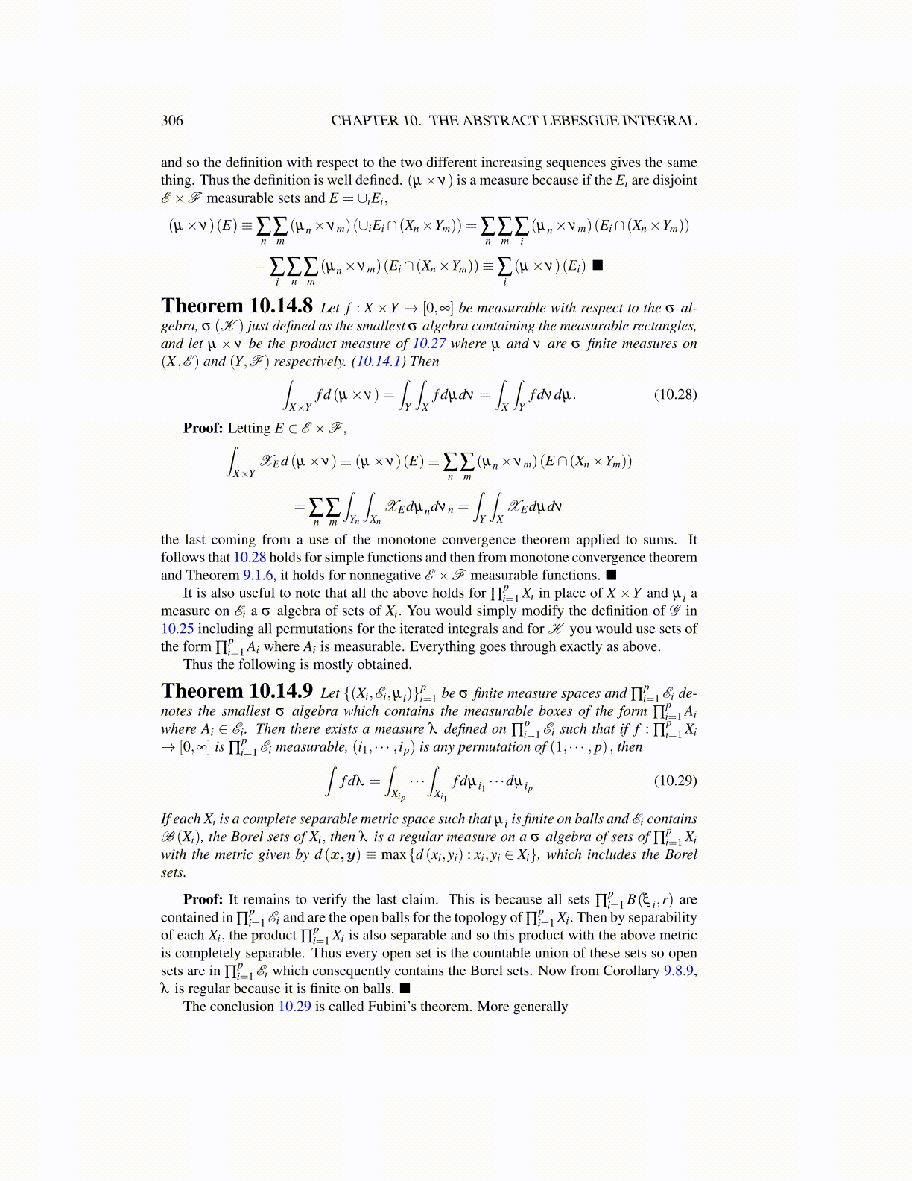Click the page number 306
[171, 121]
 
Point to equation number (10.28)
[675, 394]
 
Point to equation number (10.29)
[675, 781]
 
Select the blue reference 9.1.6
[259, 576]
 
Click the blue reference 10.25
[177, 629]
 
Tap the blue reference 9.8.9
[679, 971]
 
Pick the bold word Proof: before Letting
[203, 429]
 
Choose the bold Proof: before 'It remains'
[203, 900]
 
